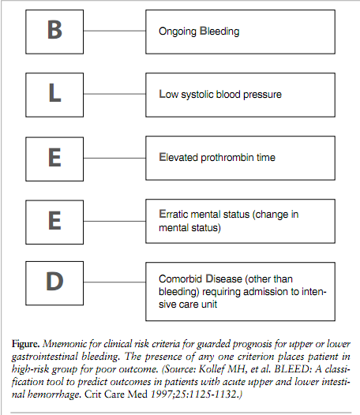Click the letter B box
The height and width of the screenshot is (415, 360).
coord(54,32)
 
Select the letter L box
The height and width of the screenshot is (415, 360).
coord(54,94)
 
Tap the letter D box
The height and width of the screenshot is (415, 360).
coord(54,282)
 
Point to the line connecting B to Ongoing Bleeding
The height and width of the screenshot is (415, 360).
coord(114,32)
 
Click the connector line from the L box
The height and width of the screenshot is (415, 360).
coord(114,94)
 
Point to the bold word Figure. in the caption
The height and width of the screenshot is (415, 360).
coord(28,345)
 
